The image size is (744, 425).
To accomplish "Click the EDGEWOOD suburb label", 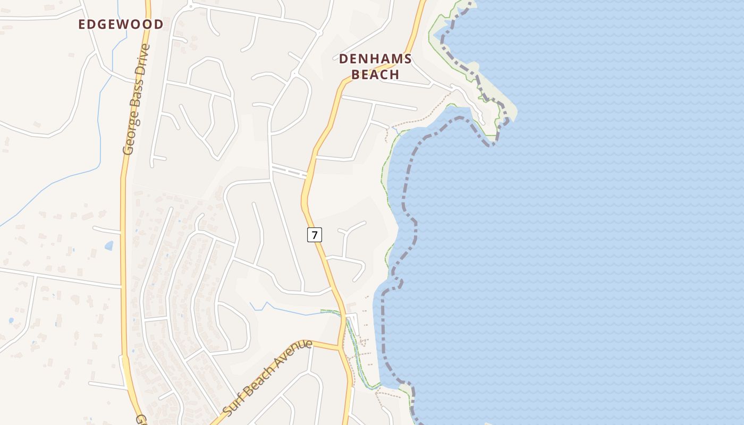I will [x=121, y=24].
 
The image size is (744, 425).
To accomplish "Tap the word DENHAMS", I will [x=375, y=58].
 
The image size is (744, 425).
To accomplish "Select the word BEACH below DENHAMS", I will [x=375, y=74].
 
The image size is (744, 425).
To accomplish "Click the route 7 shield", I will [x=315, y=234].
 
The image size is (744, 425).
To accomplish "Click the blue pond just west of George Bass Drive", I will [x=109, y=245].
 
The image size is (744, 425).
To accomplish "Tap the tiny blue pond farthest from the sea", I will [x=11, y=321].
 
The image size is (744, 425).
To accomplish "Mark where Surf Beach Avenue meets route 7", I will [x=340, y=348].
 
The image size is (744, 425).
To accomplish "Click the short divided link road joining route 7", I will [x=289, y=171].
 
